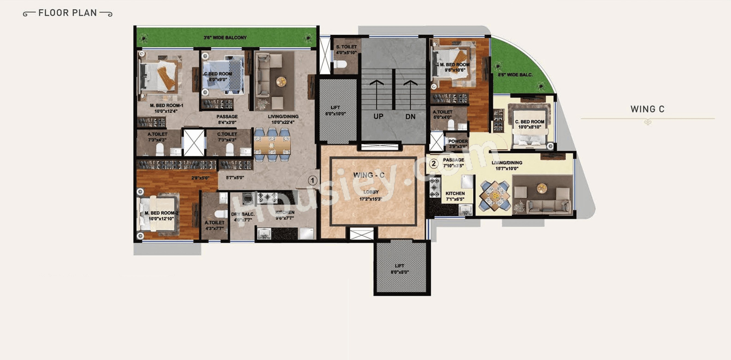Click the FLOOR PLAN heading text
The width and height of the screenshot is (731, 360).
click(68, 13)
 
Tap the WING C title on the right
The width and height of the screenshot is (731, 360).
click(647, 109)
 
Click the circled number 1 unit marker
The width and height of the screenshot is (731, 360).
click(312, 180)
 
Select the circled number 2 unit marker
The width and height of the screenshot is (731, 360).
click(433, 164)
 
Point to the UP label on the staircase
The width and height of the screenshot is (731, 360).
click(378, 116)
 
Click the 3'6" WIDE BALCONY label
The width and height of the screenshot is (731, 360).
click(225, 37)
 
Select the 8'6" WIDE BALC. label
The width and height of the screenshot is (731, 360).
click(515, 75)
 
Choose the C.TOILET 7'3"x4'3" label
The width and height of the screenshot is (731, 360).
click(227, 137)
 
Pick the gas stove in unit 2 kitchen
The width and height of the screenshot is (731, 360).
click(434, 187)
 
